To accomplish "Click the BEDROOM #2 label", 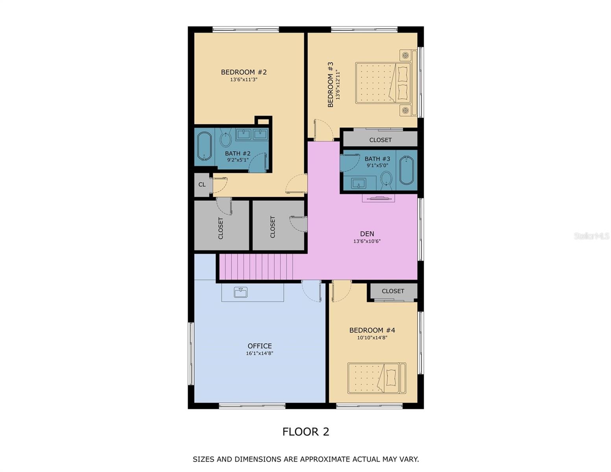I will (x=244, y=72).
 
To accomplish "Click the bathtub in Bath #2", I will (x=204, y=146).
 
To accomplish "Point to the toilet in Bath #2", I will (x=225, y=139).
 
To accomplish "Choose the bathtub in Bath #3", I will (x=406, y=170).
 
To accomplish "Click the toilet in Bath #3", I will (x=386, y=179).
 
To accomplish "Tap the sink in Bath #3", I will (x=359, y=183).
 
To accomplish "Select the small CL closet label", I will (x=202, y=184).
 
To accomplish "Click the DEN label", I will (x=367, y=234).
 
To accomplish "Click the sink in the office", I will (x=240, y=292).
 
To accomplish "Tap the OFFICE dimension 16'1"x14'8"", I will (x=259, y=353).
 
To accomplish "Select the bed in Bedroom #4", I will (x=377, y=378).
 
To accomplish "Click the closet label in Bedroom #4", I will (x=393, y=291).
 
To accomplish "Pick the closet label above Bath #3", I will (x=380, y=140).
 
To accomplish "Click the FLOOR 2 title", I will (x=306, y=432).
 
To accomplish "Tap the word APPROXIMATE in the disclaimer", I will (x=325, y=459).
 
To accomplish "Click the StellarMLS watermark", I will (x=591, y=236).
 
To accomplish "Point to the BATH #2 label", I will (x=238, y=153).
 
